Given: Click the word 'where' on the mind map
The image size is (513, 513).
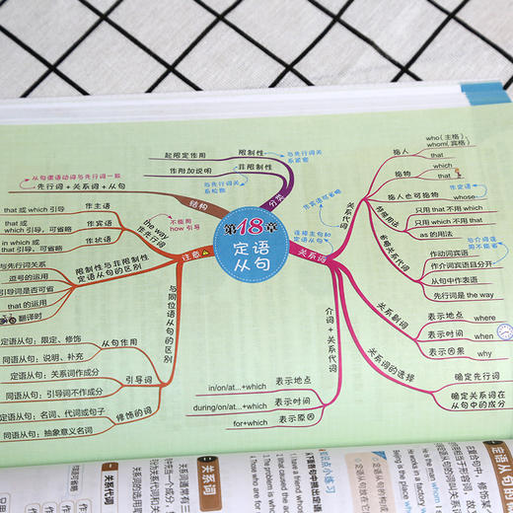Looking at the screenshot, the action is (x=484, y=319).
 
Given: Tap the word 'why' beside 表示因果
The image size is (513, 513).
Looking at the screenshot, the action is (x=484, y=352).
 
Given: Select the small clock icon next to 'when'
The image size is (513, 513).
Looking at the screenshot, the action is (x=504, y=332).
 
